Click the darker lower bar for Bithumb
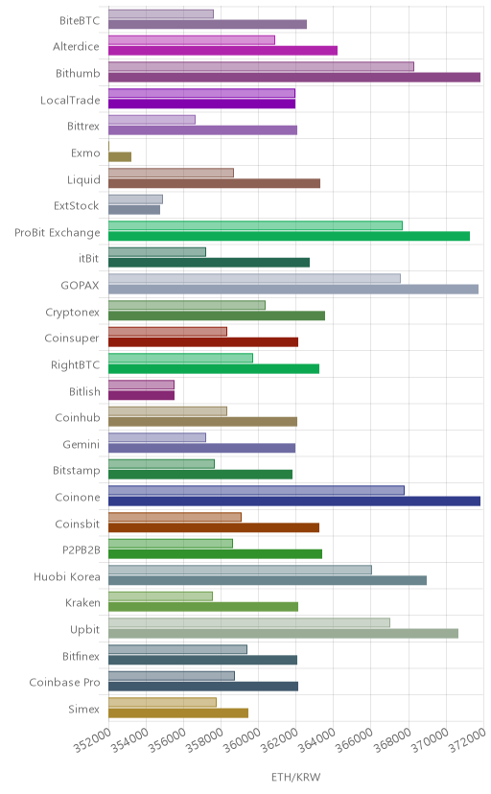click(294, 78)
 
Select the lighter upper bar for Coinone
click(256, 490)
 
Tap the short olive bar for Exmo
click(120, 157)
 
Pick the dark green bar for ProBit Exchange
click(289, 236)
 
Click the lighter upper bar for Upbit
click(249, 622)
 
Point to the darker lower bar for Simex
click(178, 713)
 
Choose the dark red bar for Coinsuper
click(203, 341)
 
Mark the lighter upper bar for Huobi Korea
click(240, 570)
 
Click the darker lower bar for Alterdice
click(222, 51)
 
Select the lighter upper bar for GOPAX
click(255, 278)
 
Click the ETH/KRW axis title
click(296, 778)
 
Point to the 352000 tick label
click(93, 739)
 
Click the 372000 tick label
click(467, 739)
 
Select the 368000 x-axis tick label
click(392, 739)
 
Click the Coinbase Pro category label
click(65, 682)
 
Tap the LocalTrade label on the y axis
click(70, 100)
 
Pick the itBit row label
click(88, 258)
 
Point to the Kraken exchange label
click(82, 602)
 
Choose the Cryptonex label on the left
click(72, 312)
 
